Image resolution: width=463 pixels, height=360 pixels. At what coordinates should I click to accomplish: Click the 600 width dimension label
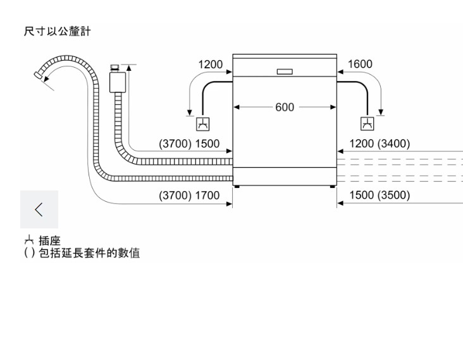click(x=285, y=108)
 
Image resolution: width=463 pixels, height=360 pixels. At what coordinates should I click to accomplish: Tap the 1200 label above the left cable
click(x=211, y=65)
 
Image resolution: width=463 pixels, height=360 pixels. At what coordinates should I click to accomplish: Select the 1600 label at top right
click(x=360, y=65)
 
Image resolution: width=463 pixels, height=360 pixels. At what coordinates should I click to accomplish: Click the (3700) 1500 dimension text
click(x=189, y=144)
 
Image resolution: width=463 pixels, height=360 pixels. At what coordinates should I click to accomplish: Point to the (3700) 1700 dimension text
click(x=189, y=196)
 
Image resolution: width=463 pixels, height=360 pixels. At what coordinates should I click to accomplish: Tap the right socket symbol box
click(x=366, y=125)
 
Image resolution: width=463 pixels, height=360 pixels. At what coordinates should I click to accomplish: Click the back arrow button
click(x=39, y=209)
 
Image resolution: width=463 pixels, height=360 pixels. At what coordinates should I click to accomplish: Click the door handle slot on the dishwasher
click(x=285, y=70)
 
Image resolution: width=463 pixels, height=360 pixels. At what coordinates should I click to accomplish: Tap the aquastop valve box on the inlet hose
click(x=118, y=80)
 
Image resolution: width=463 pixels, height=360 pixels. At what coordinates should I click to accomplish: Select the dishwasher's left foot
click(x=237, y=187)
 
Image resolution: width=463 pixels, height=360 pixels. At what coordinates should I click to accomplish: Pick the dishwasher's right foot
click(x=332, y=187)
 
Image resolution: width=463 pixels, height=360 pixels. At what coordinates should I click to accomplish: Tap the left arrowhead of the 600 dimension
click(x=238, y=108)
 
